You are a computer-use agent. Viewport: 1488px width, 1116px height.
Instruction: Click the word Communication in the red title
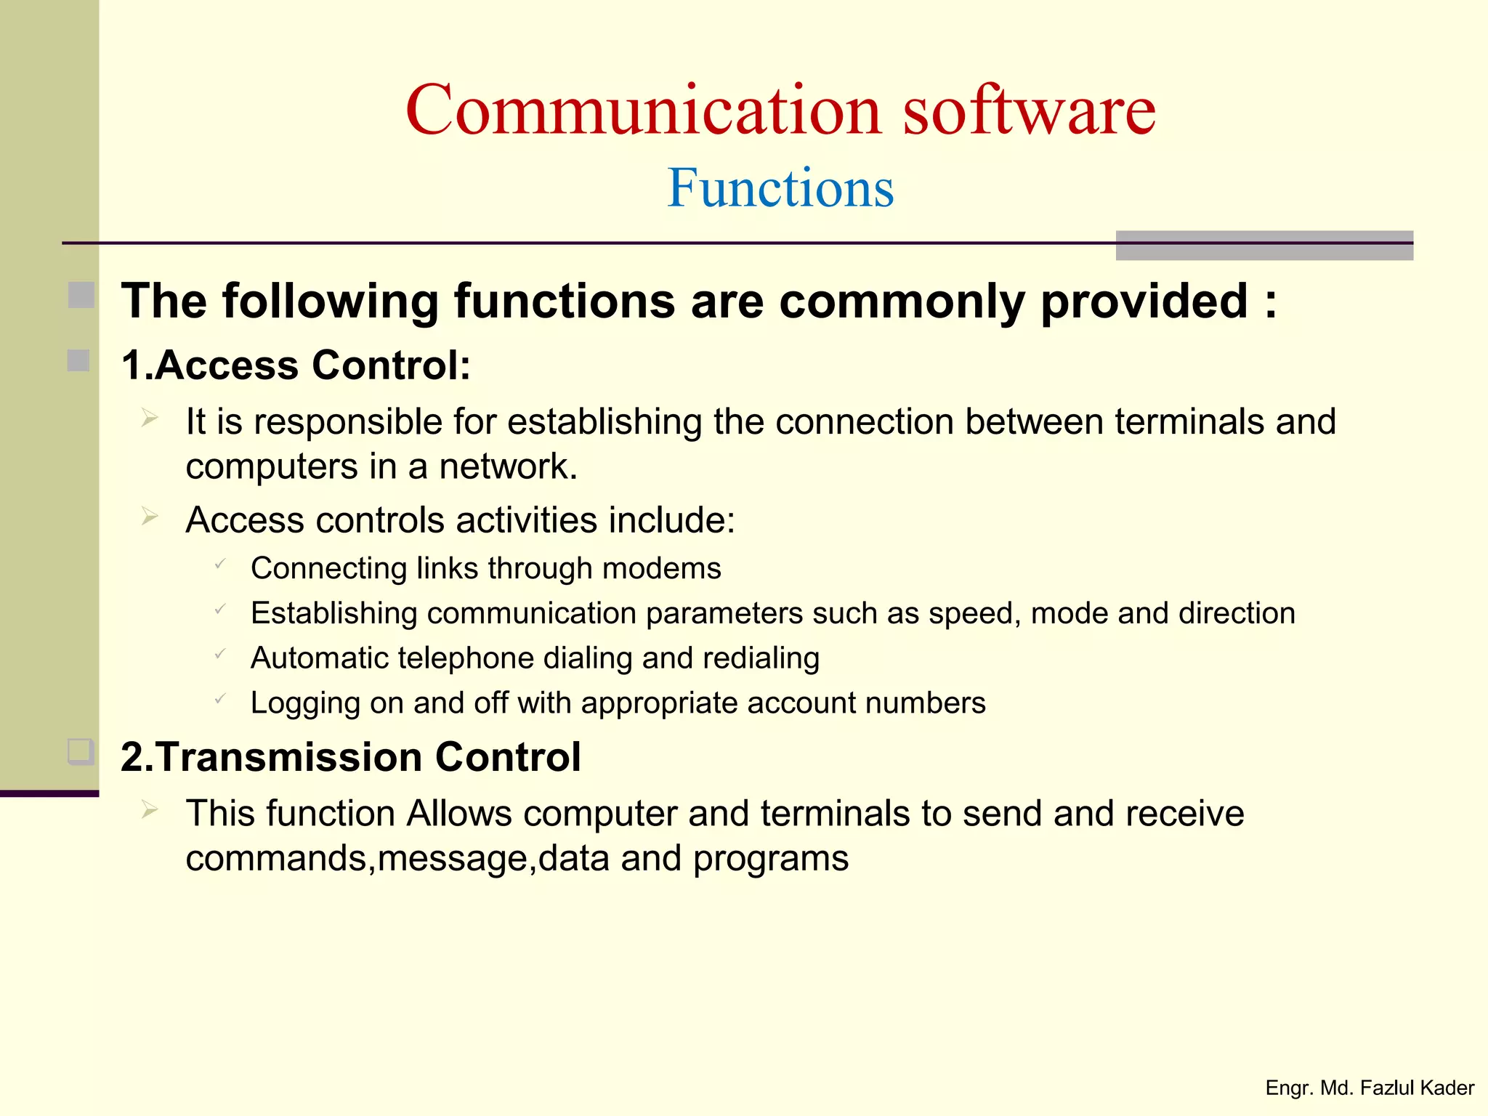643,110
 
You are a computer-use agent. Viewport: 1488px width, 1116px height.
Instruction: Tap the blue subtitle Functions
780,188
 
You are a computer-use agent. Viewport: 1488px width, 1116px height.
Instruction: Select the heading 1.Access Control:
296,365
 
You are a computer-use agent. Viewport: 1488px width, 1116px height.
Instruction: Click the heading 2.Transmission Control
350,757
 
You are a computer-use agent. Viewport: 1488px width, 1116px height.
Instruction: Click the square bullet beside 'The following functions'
81,295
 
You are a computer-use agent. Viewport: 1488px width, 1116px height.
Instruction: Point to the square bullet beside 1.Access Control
78,360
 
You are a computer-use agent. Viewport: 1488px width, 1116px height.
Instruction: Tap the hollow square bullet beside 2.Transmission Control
81,751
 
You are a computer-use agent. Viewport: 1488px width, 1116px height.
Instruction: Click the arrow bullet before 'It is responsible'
150,418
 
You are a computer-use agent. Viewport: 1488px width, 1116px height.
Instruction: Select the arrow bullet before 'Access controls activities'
150,517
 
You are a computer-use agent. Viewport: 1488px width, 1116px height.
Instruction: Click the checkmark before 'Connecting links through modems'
220,564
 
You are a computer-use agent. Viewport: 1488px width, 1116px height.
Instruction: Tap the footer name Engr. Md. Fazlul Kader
1369,1088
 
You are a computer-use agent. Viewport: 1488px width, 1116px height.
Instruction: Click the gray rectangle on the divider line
1263,246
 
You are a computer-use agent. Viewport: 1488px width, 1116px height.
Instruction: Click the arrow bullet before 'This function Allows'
150,809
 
